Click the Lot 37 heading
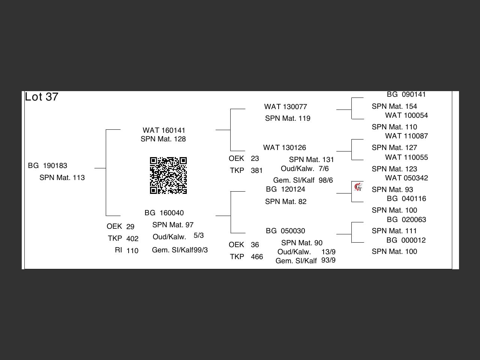point(42,97)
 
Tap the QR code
point(168,175)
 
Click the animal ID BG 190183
point(48,166)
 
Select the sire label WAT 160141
point(164,130)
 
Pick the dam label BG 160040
point(164,213)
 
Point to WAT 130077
point(285,107)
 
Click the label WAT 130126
point(284,148)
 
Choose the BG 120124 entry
point(285,189)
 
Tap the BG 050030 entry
point(285,231)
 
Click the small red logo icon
point(358,187)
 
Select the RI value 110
point(132,251)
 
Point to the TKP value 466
point(256,257)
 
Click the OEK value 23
point(255,159)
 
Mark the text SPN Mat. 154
point(394,106)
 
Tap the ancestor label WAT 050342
point(406,178)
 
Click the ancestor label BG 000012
point(406,240)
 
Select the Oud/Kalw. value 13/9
point(328,252)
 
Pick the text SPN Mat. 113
point(62,178)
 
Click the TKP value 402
point(132,239)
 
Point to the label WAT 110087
point(406,136)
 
